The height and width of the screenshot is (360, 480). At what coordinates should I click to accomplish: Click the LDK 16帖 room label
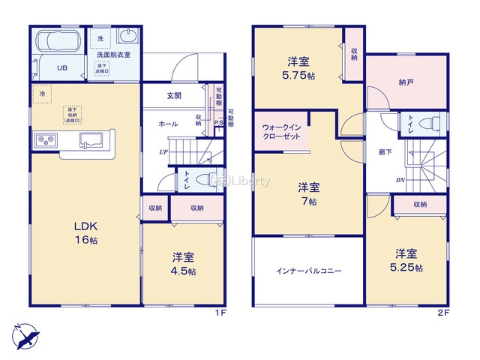tap(84, 232)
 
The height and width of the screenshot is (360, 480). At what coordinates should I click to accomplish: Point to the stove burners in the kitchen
tap(43, 140)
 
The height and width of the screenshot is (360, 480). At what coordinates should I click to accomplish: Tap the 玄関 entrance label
tap(174, 95)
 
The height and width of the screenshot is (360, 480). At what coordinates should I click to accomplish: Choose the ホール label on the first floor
tap(168, 123)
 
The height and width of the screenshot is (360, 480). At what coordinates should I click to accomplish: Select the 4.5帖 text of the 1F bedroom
tap(181, 271)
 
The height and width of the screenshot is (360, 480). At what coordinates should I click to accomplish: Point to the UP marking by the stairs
tap(163, 153)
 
